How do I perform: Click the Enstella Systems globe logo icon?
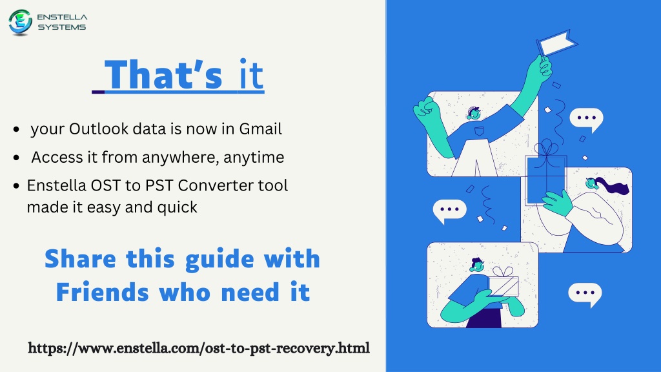click(20, 22)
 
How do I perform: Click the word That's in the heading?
click(163, 74)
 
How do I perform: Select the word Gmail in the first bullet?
click(261, 129)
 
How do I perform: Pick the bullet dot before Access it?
click(16, 158)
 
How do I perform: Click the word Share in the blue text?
click(80, 258)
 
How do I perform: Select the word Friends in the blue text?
click(103, 293)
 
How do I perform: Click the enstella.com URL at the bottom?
click(199, 348)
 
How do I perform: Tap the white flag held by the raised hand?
click(557, 43)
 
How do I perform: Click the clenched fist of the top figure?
click(427, 110)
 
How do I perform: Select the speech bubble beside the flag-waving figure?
click(586, 119)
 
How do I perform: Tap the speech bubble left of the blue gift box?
click(449, 211)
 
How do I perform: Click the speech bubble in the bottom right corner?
click(585, 294)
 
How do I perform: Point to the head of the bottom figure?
click(477, 265)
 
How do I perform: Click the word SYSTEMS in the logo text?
click(61, 27)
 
